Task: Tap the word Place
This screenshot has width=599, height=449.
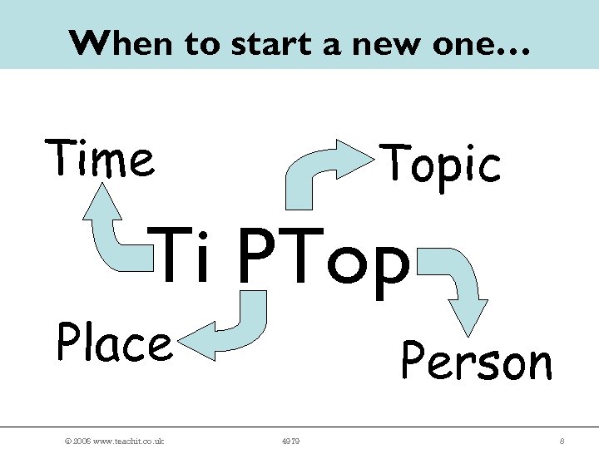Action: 114,344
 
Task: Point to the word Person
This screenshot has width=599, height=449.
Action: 476,361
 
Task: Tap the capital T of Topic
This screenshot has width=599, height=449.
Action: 396,163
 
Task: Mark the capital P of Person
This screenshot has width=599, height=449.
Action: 413,361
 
